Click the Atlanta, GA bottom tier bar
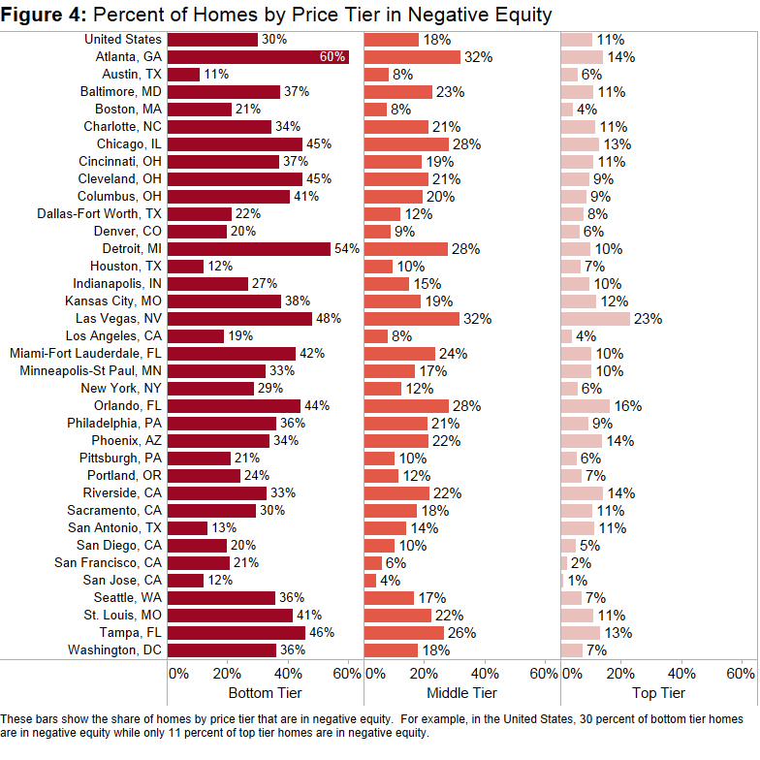257,57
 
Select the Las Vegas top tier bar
595,319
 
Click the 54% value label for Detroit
346,248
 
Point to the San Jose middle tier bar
370,580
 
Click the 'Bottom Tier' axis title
265,693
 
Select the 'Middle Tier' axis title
461,693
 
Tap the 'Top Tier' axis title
658,693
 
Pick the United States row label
123,40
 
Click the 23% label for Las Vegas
647,319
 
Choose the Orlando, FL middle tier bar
406,405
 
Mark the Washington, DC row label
116,649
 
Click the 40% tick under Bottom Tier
288,673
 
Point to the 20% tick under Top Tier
620,673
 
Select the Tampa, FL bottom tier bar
237,632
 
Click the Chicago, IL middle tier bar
406,143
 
